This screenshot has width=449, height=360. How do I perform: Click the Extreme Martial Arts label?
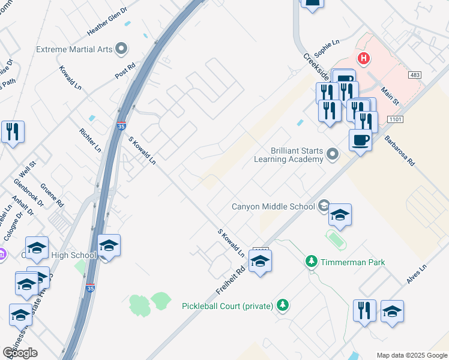tap(74, 49)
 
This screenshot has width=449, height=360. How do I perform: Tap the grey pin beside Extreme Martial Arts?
tap(122, 48)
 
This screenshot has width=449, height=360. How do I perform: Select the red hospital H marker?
tap(363, 59)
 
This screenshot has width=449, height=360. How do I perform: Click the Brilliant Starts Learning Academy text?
tap(288, 155)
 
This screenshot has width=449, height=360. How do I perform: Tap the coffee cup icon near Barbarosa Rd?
tap(360, 140)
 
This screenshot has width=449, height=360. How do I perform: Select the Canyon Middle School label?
tap(273, 206)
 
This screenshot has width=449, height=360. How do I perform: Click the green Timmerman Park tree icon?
tap(311, 262)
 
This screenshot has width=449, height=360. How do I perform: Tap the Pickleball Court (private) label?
tap(228, 306)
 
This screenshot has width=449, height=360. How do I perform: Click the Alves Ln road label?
tap(416, 273)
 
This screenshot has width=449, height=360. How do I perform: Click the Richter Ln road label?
tap(90, 139)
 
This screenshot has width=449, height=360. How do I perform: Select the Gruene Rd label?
tap(52, 195)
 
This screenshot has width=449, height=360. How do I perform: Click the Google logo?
tap(20, 353)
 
